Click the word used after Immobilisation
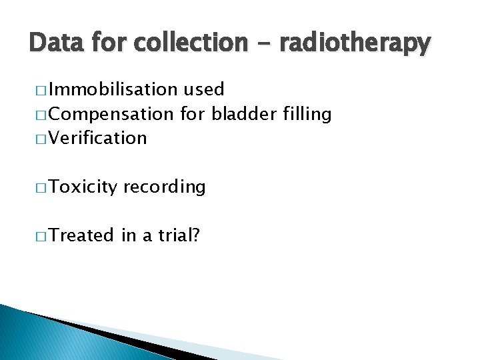[203, 89]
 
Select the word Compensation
[110, 114]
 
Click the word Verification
[97, 138]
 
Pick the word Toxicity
[81, 187]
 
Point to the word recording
[164, 187]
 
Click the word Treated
[81, 235]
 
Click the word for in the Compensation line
[193, 114]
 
